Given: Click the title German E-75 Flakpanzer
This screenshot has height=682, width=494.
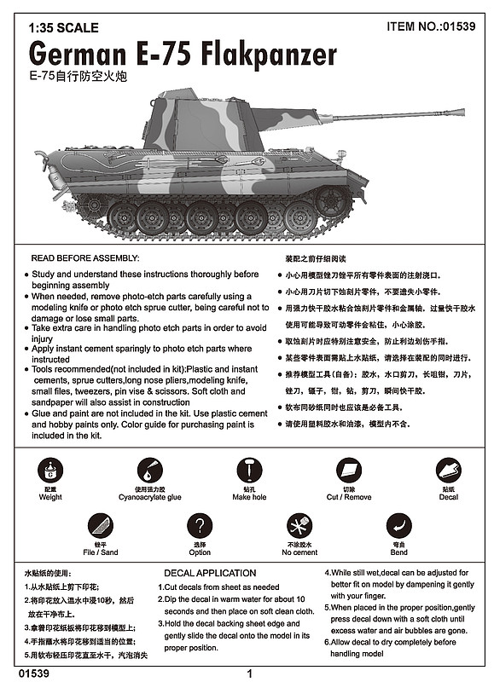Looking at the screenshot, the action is click(x=183, y=54).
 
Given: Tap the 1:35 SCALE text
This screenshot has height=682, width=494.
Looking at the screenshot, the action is click(x=63, y=28).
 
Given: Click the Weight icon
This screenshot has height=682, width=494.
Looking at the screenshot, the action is click(x=51, y=470).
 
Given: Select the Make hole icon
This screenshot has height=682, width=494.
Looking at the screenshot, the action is click(x=248, y=470).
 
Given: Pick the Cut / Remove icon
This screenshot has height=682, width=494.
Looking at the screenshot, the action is click(x=348, y=470).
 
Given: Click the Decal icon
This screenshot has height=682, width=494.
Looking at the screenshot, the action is click(x=448, y=470).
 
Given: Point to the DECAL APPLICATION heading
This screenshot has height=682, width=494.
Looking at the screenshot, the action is click(x=209, y=573).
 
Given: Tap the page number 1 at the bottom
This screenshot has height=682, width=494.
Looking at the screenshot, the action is click(x=248, y=673).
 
